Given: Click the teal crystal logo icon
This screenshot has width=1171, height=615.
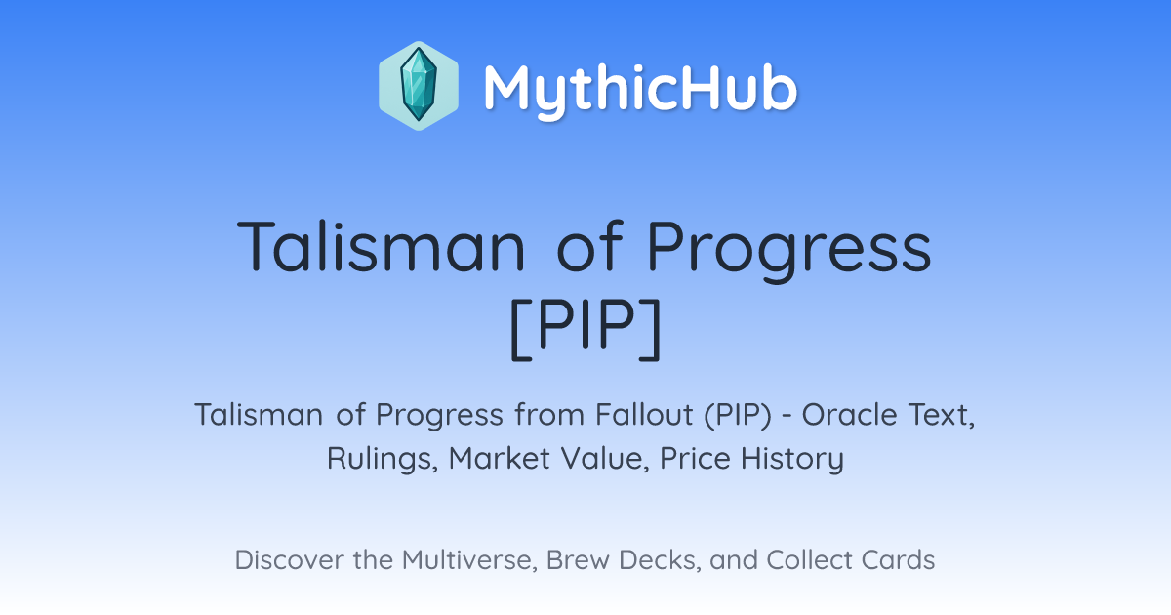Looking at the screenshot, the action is [x=419, y=86].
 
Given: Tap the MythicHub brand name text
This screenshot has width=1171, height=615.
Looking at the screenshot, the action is [x=640, y=88].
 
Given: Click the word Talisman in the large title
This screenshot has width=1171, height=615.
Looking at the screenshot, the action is [x=382, y=246].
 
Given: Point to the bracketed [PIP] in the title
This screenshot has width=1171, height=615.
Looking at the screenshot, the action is [x=585, y=329].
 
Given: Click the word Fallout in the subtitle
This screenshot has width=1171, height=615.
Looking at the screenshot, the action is [x=644, y=414].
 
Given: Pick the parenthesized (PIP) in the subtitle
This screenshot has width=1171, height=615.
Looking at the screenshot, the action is [x=738, y=415].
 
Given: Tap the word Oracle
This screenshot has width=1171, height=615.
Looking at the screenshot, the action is [x=850, y=414].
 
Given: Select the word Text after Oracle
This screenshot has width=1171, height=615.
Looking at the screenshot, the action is [x=942, y=415].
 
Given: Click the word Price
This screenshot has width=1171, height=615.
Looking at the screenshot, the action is [x=695, y=458].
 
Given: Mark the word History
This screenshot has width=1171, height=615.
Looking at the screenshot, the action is [x=792, y=459].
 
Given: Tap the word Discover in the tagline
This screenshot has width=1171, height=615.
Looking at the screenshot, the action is [x=289, y=559].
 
